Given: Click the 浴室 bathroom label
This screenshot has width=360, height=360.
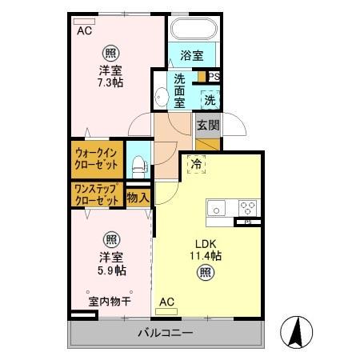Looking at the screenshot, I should pos(191,55).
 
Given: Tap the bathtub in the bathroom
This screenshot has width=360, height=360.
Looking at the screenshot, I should pos(190,30).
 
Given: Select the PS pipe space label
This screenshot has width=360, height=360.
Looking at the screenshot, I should pos(214,76).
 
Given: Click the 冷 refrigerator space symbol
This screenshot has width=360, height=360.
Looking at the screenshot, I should pos(197,165).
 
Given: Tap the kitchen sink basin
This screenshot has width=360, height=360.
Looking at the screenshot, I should pos(218,207).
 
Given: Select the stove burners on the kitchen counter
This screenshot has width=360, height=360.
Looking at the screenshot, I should pos(246,205).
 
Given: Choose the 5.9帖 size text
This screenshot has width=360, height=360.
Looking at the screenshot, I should pos(110,271).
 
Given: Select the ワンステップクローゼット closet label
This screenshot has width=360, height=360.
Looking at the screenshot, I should pos(98,194).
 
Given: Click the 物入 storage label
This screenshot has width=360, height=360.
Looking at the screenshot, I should pos(138,195).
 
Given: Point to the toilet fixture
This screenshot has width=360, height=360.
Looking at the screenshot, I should pos(138,166).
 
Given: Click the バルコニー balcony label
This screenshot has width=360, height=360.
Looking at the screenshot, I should pos(164,333).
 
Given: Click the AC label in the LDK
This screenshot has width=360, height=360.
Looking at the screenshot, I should pos(166,302).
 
